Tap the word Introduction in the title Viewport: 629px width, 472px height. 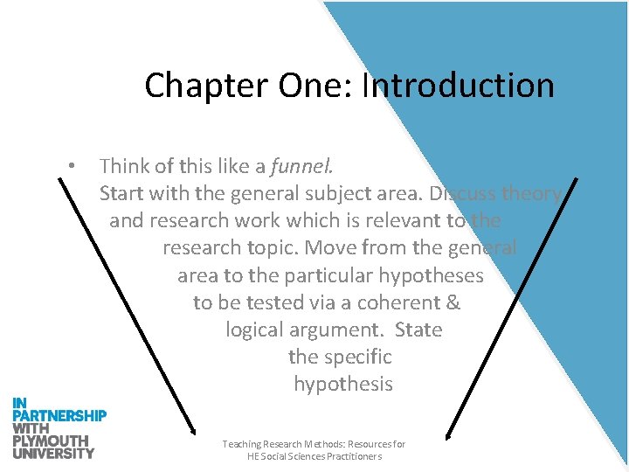[458, 86]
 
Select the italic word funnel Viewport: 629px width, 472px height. [302, 165]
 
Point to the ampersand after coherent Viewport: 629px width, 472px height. [453, 302]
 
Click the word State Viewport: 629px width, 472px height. [418, 330]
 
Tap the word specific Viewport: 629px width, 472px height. [358, 357]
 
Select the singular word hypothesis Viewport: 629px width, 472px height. [343, 384]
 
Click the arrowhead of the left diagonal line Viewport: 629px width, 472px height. [193, 429]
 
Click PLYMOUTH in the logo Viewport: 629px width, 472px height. [51, 441]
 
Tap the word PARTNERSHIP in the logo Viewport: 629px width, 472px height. [59, 415]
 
